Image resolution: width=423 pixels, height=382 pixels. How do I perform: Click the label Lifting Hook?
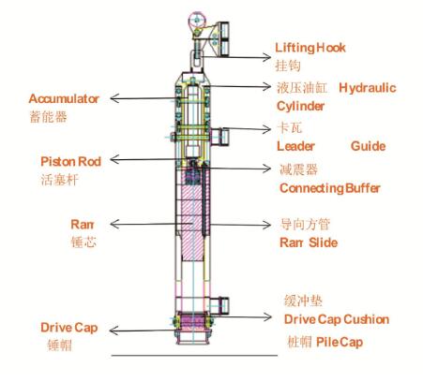click(x=310, y=48)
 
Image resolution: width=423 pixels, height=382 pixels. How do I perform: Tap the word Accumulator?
click(x=64, y=98)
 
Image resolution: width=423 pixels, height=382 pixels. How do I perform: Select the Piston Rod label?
click(x=71, y=162)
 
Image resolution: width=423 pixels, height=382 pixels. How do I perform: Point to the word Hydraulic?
click(x=368, y=88)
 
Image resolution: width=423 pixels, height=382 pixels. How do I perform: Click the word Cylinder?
click(x=300, y=106)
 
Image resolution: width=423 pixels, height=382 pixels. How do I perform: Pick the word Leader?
click(x=295, y=146)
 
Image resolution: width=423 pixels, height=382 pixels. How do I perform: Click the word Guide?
click(x=369, y=146)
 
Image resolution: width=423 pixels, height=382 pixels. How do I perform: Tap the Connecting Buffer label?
click(x=330, y=188)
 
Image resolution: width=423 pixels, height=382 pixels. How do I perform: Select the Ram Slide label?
click(x=309, y=242)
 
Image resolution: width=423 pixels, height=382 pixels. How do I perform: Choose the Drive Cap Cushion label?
click(x=337, y=319)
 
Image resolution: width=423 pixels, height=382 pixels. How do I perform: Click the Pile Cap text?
click(x=340, y=342)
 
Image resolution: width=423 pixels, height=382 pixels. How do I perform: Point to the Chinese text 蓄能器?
click(x=49, y=117)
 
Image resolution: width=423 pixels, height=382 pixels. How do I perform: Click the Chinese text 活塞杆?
click(x=59, y=180)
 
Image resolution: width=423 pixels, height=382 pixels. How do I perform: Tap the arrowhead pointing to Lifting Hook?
click(x=267, y=57)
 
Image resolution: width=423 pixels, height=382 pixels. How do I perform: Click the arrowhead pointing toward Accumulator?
click(x=114, y=98)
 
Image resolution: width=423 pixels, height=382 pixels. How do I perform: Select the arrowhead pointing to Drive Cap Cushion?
click(x=268, y=317)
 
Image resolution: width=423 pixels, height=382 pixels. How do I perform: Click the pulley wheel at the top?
click(x=197, y=21)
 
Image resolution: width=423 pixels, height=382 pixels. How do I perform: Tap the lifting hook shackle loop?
click(x=197, y=61)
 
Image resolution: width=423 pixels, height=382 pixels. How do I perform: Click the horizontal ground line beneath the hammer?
click(x=194, y=355)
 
